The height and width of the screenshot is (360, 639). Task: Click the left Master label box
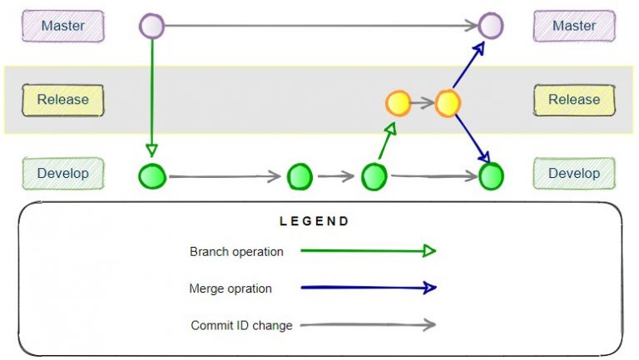(x=63, y=26)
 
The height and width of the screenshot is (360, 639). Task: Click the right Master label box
(x=574, y=26)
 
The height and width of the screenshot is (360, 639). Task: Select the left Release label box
(x=63, y=100)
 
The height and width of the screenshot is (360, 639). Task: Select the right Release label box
(x=574, y=100)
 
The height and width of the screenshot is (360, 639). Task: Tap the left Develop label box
(x=63, y=174)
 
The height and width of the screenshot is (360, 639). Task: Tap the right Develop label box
(x=574, y=174)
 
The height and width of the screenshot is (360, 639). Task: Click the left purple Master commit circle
(x=151, y=26)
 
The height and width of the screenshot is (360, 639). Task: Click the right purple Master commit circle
(x=491, y=26)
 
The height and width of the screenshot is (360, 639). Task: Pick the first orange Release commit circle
(x=399, y=104)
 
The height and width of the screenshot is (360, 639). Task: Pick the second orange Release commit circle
(x=448, y=104)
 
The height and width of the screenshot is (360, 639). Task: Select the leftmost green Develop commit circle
(x=152, y=176)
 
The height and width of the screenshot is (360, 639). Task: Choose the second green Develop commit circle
(x=300, y=176)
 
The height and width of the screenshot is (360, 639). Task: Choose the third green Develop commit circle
(x=374, y=176)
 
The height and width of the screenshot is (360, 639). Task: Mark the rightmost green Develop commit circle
(x=492, y=176)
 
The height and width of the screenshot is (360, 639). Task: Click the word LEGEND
(x=315, y=222)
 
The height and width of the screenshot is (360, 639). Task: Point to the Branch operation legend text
(x=236, y=252)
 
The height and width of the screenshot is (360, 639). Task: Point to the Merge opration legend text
(x=230, y=288)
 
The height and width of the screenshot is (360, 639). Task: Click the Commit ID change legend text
(x=241, y=326)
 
